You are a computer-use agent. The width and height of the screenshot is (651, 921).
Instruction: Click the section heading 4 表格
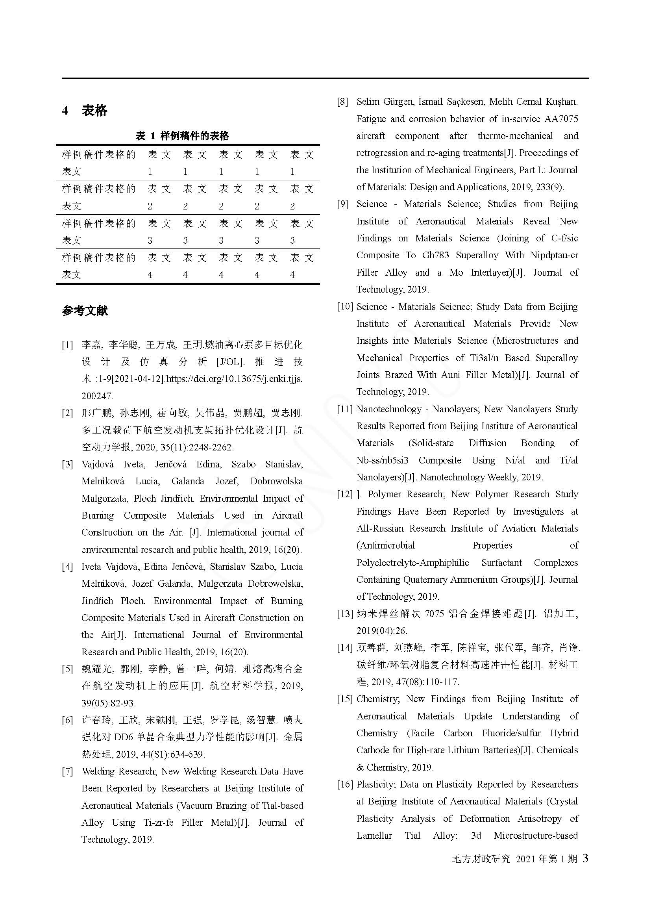(85, 110)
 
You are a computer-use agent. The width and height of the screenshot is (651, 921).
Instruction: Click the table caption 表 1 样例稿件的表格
(182, 136)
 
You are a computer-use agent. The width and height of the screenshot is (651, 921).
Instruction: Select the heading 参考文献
(85, 310)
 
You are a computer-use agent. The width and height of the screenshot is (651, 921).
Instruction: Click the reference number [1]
(67, 345)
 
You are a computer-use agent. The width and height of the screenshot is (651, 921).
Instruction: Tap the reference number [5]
(67, 669)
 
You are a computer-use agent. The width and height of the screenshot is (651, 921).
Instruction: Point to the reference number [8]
(342, 102)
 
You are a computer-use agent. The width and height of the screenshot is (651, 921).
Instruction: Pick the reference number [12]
(345, 494)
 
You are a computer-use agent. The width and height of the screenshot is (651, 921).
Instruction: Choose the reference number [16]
(345, 784)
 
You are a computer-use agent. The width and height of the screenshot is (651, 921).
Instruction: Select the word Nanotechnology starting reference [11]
(389, 409)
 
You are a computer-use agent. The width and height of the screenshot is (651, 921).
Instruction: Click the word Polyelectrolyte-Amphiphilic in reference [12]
(412, 562)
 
